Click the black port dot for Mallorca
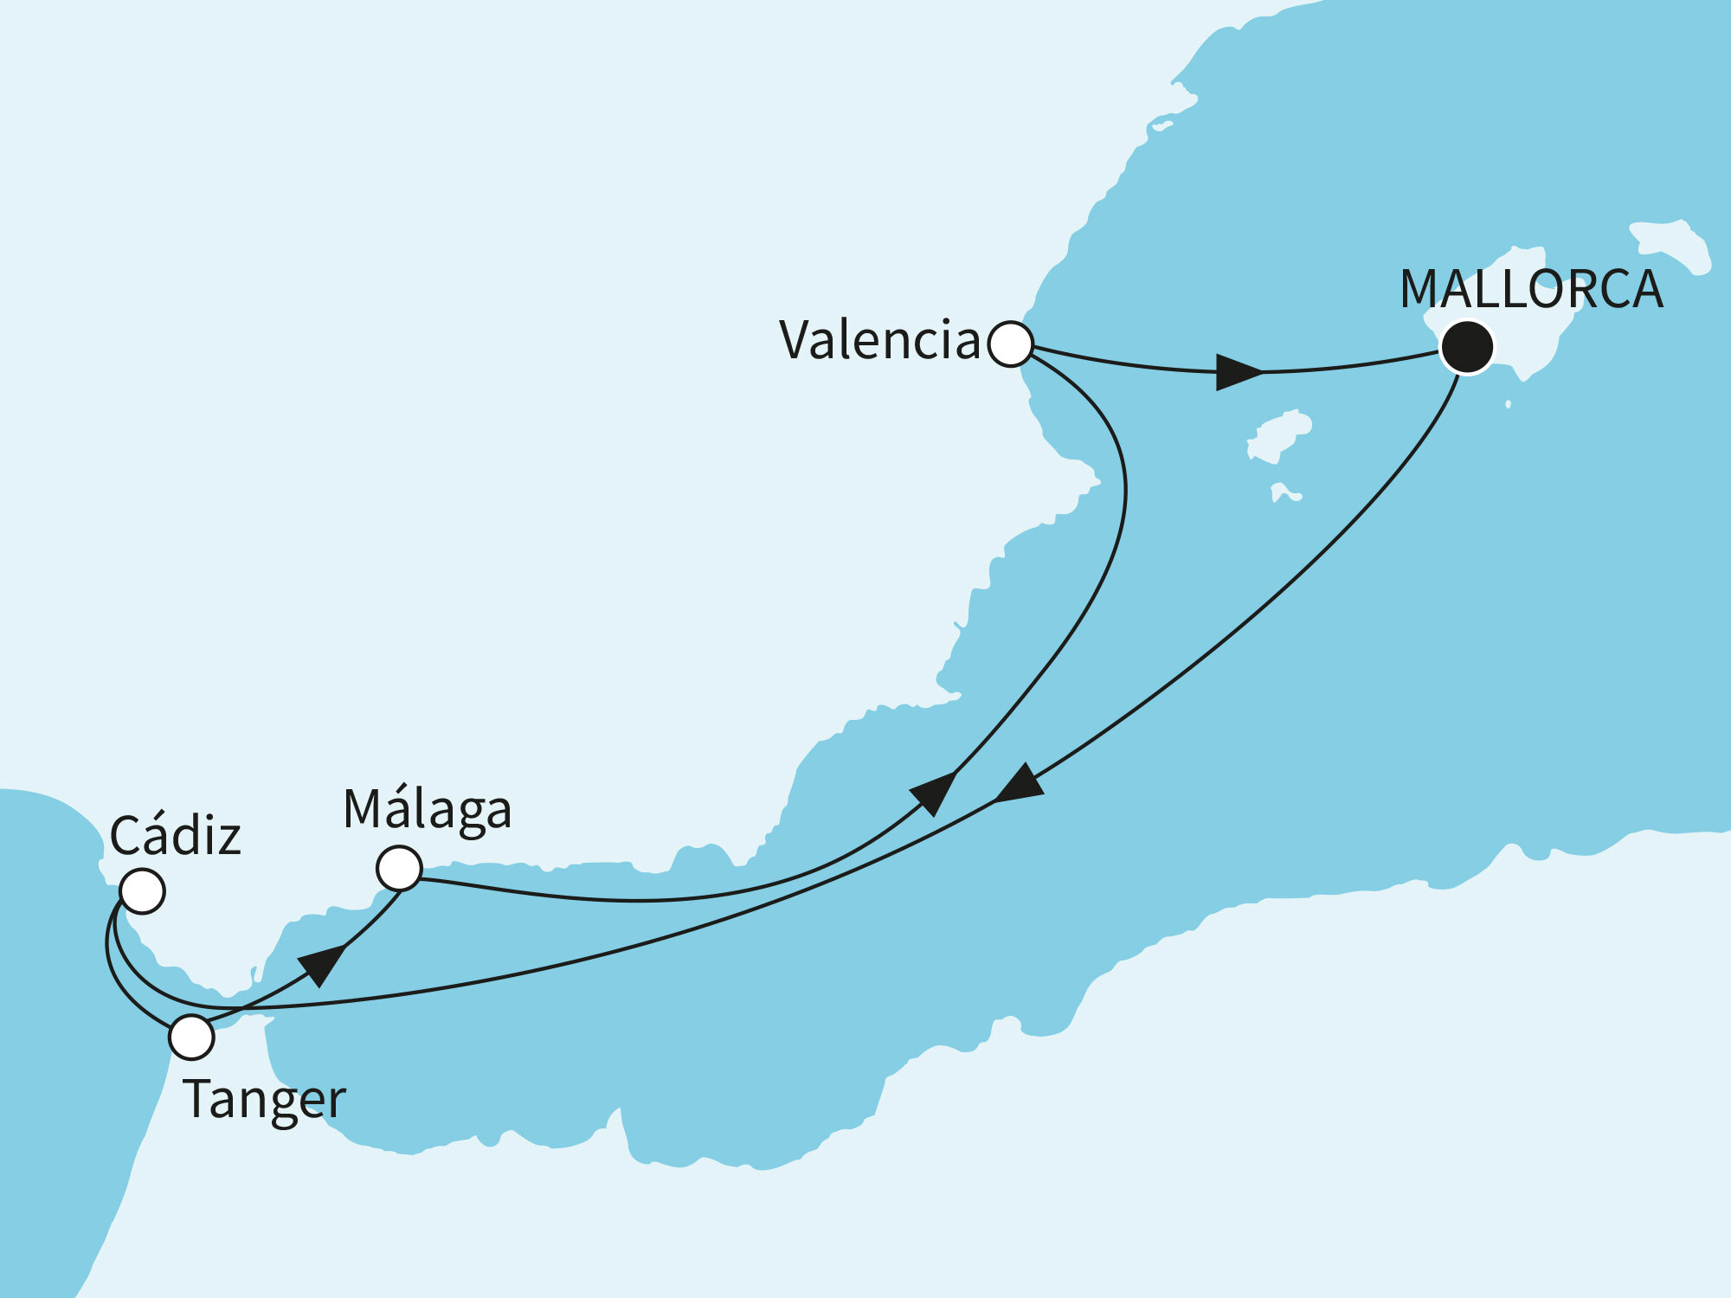[1467, 347]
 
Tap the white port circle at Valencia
[1010, 344]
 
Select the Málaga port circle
[399, 868]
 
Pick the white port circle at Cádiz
[142, 890]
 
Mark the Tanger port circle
[191, 1037]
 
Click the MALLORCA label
[1530, 289]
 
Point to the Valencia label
[878, 340]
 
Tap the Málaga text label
[427, 810]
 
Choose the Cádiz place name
[175, 836]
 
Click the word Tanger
[264, 1100]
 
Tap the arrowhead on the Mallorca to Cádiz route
[1020, 785]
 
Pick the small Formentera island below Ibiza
[1284, 493]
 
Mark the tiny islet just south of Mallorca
[1509, 404]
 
